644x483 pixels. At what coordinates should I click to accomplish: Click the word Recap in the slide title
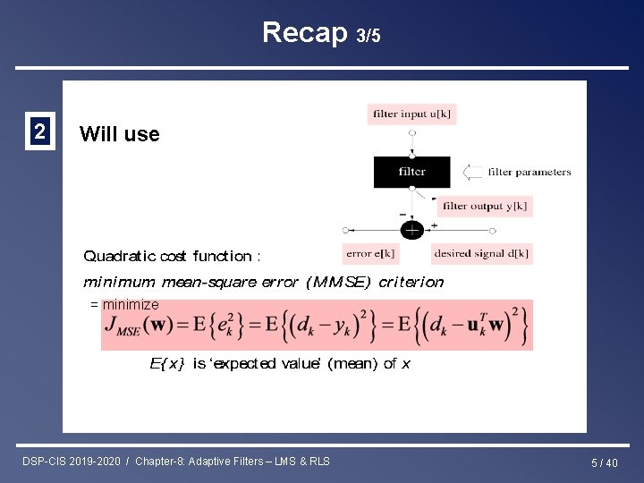click(304, 32)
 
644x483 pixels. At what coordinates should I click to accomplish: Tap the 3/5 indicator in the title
click(369, 36)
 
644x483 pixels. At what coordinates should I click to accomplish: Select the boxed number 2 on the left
click(39, 132)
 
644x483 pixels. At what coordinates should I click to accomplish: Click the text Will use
click(119, 134)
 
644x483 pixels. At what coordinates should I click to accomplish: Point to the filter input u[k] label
click(412, 114)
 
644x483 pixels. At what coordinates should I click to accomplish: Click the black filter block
click(412, 172)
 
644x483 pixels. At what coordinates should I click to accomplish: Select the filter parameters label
click(530, 172)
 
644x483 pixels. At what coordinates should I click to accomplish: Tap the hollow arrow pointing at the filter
click(471, 172)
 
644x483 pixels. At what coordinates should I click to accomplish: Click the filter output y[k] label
click(485, 206)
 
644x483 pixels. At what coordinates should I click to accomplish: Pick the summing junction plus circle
click(412, 230)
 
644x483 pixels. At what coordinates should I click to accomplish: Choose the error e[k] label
click(370, 253)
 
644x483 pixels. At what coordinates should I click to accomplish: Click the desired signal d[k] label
click(481, 253)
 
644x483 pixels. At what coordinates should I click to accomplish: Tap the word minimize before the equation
click(131, 304)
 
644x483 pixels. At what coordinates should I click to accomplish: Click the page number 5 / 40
click(604, 462)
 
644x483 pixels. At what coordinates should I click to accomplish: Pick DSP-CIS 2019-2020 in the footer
click(72, 461)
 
